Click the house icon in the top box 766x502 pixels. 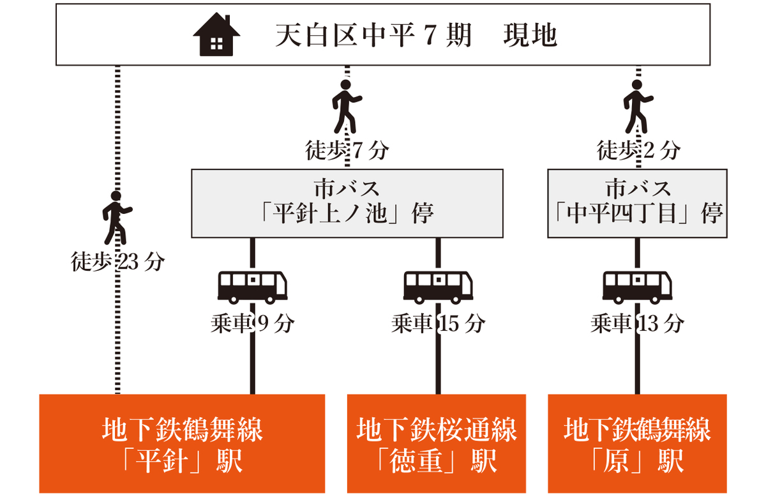point(216,36)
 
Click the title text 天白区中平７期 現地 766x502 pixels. point(416,36)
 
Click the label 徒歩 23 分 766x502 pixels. point(117,262)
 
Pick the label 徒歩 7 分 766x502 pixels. point(347,151)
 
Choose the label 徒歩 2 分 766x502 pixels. point(638,151)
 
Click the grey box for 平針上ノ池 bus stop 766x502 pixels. point(347,203)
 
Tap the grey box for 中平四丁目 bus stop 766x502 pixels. point(637,203)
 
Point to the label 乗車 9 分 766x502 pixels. point(252,324)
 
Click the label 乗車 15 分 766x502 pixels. point(438,324)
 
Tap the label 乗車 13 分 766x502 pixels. point(637,324)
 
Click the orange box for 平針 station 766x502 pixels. point(182,444)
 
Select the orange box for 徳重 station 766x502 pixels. point(437,444)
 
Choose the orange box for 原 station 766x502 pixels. point(637,444)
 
